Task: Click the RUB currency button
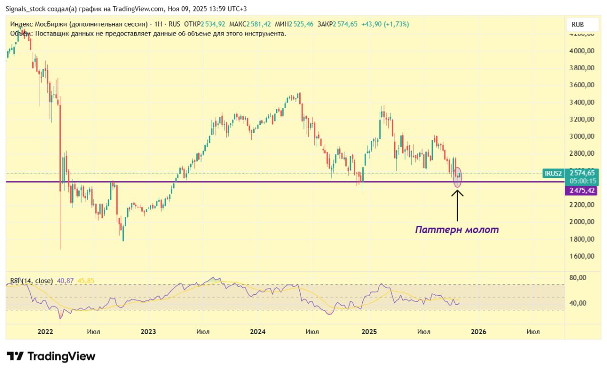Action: pyautogui.click(x=577, y=24)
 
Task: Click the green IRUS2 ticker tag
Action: pyautogui.click(x=553, y=174)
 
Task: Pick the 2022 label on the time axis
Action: pyautogui.click(x=45, y=332)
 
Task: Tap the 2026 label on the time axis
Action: pyautogui.click(x=478, y=332)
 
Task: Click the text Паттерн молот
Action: pyautogui.click(x=457, y=230)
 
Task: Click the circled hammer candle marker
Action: pyautogui.click(x=458, y=177)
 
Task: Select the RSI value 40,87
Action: pyautogui.click(x=65, y=281)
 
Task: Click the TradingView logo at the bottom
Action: pyautogui.click(x=51, y=356)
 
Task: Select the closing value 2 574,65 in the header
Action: pyautogui.click(x=345, y=24)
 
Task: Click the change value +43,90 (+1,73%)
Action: pyautogui.click(x=385, y=24)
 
